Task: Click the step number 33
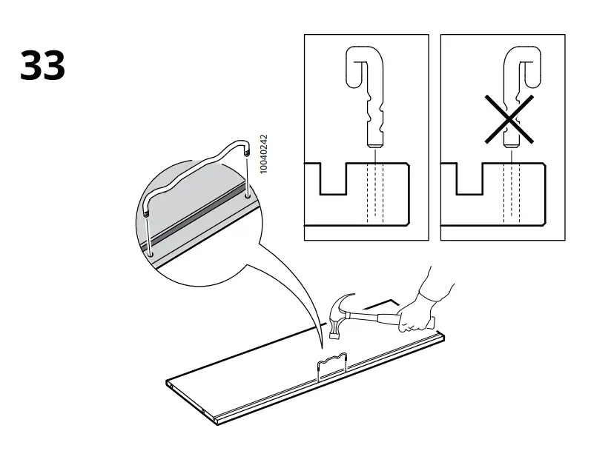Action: [x=42, y=66]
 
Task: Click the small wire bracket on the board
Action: [x=331, y=365]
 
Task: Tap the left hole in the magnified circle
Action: [x=151, y=254]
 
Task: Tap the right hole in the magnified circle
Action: [x=245, y=198]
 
